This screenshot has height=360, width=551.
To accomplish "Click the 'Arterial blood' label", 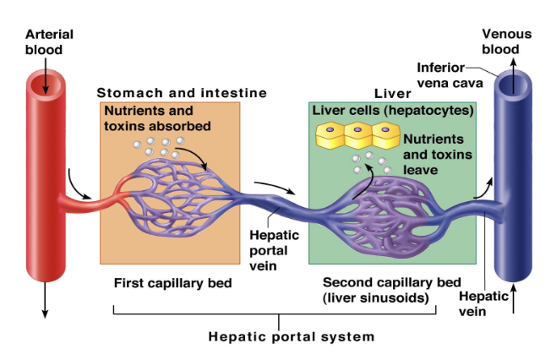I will tap(49, 41).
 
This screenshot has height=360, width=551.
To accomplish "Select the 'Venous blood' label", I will tap(506, 41).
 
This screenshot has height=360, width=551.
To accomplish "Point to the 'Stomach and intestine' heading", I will tap(182, 92).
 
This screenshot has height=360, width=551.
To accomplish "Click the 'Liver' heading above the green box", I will tap(391, 92).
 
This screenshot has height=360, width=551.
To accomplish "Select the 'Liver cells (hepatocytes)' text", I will tap(393, 111).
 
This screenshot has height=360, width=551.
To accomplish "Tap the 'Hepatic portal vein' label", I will tap(270, 250).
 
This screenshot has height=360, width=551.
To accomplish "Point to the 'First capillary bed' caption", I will tap(172, 283).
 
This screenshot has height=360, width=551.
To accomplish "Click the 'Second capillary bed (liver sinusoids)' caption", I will tap(391, 290).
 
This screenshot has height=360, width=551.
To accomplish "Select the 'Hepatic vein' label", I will tap(483, 303).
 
